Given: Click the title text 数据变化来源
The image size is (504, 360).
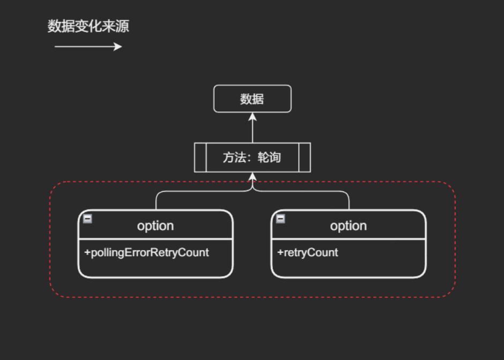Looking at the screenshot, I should tap(88, 26).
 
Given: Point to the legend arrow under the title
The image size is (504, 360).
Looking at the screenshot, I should tap(88, 47).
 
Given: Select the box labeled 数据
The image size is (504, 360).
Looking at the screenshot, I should tap(252, 99).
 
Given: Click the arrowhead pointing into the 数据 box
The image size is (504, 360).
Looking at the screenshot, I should tap(253, 116).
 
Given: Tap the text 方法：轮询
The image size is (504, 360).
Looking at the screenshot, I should tap(252, 157).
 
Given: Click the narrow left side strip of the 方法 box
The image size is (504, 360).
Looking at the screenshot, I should tap(201, 157).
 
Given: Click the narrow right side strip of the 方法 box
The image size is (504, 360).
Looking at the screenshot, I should tap(304, 157).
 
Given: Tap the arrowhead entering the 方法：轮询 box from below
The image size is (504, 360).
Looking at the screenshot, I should tap(253, 176).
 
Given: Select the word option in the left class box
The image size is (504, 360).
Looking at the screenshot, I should tap(155, 226).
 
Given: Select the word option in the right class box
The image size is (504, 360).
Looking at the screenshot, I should tap(349, 226).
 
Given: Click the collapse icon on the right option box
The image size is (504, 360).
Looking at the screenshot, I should tap(280, 218).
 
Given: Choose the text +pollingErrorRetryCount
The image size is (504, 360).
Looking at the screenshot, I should tap(147, 252).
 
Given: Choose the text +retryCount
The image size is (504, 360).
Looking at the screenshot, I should tap(308, 252).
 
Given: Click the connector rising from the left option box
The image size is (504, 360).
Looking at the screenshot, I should tap(156, 201).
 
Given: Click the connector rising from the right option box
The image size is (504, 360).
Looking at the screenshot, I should tap(349, 201).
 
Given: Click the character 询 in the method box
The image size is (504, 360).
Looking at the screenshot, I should tap(275, 157).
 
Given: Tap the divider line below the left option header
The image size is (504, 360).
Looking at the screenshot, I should tap(155, 239).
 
